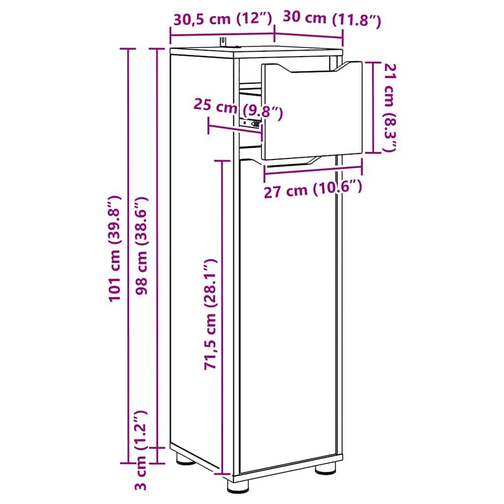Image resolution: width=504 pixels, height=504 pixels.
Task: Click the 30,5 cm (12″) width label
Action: pyautogui.click(x=222, y=19)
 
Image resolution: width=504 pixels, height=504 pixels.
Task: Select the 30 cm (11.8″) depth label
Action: pyautogui.click(x=331, y=19)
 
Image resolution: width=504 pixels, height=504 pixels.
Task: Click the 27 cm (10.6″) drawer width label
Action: pyautogui.click(x=313, y=189)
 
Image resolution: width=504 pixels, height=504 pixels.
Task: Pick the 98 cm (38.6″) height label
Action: pyautogui.click(x=143, y=246)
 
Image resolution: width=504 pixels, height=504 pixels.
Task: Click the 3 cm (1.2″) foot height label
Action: pyautogui.click(x=142, y=450)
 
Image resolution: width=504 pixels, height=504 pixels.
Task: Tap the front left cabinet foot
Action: pyautogui.click(x=238, y=486)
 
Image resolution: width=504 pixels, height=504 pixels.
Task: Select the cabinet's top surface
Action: pyautogui.click(x=256, y=51)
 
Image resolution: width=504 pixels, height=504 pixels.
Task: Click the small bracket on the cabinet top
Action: pyautogui.click(x=224, y=41)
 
